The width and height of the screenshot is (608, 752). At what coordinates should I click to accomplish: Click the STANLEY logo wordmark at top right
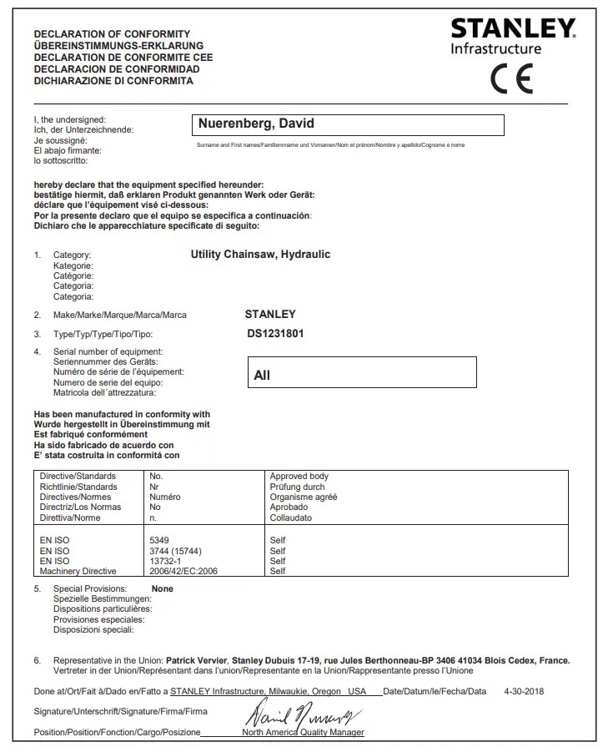click(x=512, y=29)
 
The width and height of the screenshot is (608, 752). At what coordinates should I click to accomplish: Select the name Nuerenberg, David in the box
click(x=256, y=124)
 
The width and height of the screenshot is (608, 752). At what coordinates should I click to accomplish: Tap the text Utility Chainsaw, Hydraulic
click(x=260, y=254)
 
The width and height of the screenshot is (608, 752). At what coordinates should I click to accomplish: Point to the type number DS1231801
click(x=275, y=334)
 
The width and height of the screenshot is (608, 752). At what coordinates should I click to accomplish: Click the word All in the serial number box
click(x=262, y=376)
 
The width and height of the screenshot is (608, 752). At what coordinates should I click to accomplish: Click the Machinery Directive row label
click(x=78, y=571)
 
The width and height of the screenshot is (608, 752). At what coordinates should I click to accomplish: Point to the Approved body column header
click(x=299, y=477)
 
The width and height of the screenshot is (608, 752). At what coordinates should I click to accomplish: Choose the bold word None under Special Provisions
click(x=163, y=588)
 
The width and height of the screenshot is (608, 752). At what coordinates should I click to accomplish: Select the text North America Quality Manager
click(x=303, y=732)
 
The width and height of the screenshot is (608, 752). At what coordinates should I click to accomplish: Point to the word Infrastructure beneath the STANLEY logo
click(x=496, y=49)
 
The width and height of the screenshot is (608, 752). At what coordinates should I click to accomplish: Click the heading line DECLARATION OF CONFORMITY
click(x=112, y=34)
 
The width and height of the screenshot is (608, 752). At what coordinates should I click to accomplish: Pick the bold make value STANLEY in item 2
click(x=270, y=315)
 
